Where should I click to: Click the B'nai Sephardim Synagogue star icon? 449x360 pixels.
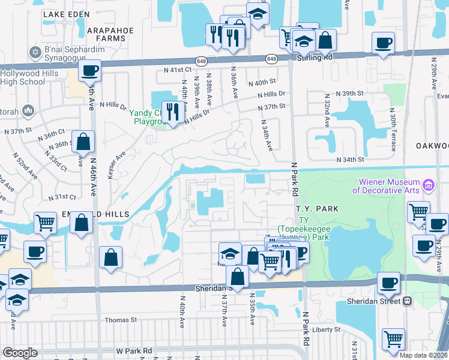(34, 53)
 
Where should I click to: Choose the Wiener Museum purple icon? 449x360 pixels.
(428, 185)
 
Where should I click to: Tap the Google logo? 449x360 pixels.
(19, 353)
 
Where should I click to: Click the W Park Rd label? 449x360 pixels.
(135, 350)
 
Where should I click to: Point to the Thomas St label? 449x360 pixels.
(121, 320)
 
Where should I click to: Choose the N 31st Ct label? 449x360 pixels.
(63, 196)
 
